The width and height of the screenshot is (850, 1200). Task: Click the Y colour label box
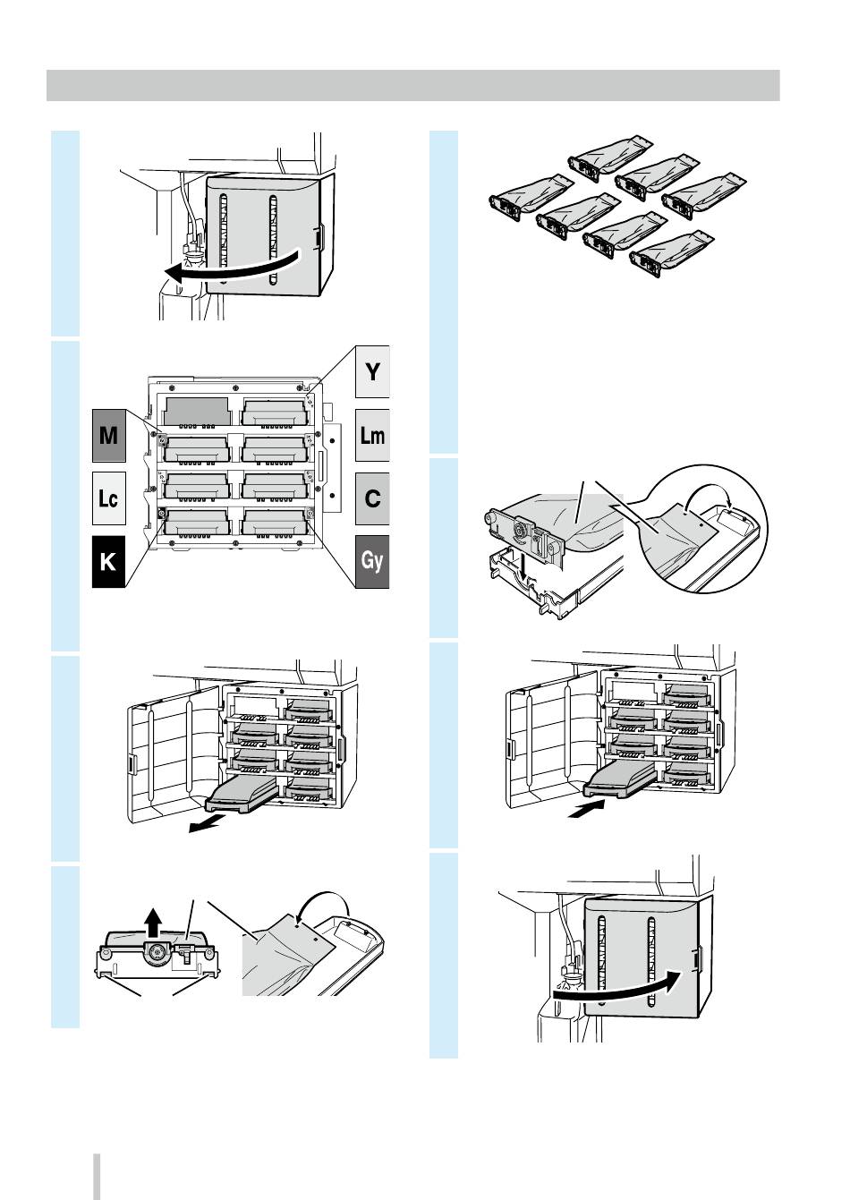click(372, 370)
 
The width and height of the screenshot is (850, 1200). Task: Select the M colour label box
click(108, 436)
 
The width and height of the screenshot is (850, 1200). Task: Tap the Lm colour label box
click(372, 436)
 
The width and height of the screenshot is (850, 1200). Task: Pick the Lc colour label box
click(108, 498)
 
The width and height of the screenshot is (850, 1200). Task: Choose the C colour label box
click(372, 498)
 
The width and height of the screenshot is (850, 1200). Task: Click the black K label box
click(108, 561)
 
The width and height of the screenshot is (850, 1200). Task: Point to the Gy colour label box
click(372, 561)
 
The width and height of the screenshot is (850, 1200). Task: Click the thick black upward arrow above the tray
click(154, 919)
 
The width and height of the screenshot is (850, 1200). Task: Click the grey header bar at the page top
click(412, 86)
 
